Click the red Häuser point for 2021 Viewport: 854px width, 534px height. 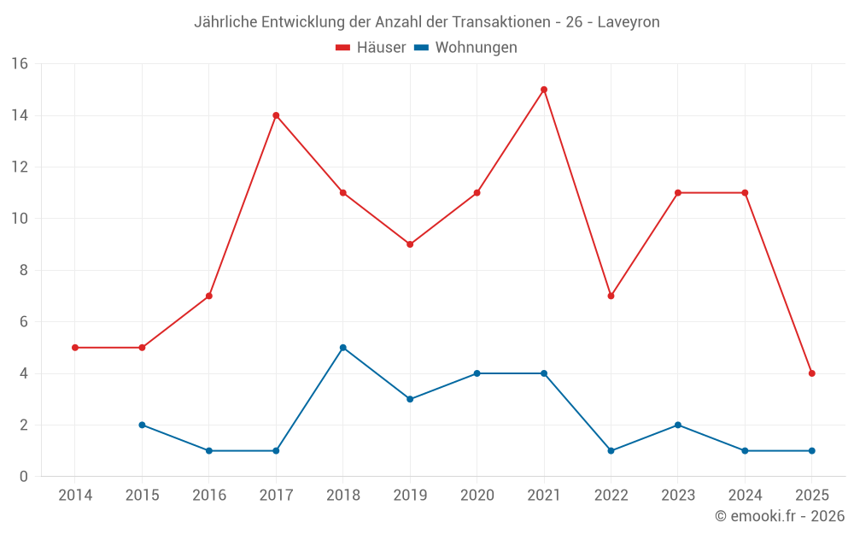click(x=544, y=90)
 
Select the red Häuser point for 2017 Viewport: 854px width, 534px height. click(x=276, y=115)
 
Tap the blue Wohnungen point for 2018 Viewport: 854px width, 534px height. click(x=343, y=348)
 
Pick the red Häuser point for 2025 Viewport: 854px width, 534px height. click(x=812, y=373)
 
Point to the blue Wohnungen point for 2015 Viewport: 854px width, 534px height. click(x=142, y=425)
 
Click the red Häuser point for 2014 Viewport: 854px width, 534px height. click(x=75, y=348)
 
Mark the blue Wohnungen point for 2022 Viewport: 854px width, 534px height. click(x=611, y=450)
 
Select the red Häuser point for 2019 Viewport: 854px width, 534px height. click(x=410, y=244)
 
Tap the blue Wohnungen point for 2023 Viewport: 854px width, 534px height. click(x=678, y=425)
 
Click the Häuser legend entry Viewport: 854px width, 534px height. click(x=371, y=48)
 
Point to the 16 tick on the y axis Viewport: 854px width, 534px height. click(x=20, y=64)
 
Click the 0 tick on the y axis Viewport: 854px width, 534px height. click(x=24, y=477)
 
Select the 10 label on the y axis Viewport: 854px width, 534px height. click(x=20, y=219)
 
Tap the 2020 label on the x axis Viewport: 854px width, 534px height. click(x=477, y=496)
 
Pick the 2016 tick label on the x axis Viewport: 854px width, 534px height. click(x=209, y=496)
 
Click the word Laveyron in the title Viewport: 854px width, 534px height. click(x=629, y=22)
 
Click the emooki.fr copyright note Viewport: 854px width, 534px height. click(x=780, y=516)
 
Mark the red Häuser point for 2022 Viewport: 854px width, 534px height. click(x=611, y=296)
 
